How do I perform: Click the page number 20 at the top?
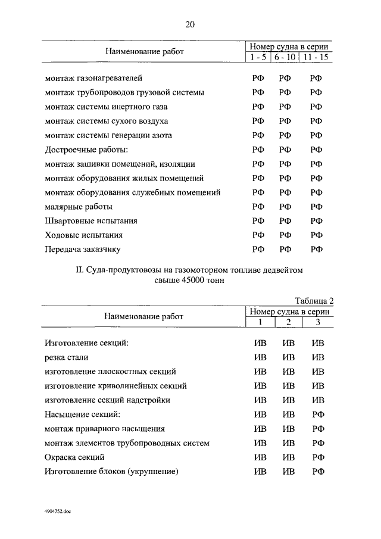[x=190, y=24]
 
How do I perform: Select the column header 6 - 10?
[x=285, y=57]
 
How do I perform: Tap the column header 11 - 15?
[x=316, y=57]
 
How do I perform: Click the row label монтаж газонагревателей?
[x=94, y=78]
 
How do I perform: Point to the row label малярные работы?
[x=79, y=207]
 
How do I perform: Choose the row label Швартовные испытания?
[x=91, y=221]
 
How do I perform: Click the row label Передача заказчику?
[x=86, y=250]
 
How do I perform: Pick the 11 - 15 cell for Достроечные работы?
[x=316, y=149]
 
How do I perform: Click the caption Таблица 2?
[x=315, y=301]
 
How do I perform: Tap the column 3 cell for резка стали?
[x=318, y=357]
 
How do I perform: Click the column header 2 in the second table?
[x=288, y=322]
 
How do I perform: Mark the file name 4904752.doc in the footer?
[x=57, y=511]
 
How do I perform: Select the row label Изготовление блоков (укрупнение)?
[x=112, y=472]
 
